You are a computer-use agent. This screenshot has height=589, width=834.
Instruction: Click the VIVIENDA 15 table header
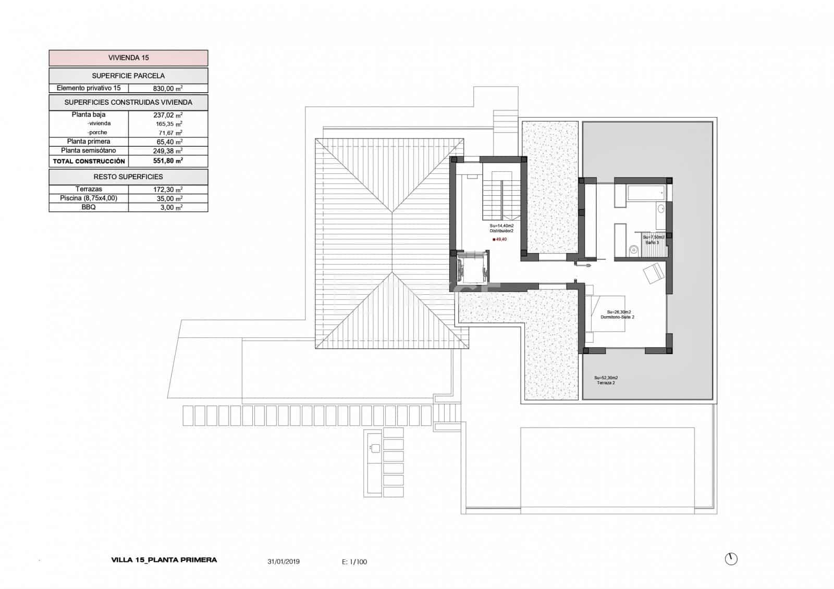coord(128,58)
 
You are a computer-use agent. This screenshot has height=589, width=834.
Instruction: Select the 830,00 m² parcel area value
coord(167,89)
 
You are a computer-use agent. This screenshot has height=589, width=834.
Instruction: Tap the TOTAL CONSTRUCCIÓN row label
coord(89,161)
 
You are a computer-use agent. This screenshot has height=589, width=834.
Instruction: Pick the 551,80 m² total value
coord(167,161)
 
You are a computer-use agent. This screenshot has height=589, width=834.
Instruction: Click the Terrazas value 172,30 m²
coord(167,190)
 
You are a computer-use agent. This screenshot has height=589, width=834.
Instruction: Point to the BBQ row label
coord(89,207)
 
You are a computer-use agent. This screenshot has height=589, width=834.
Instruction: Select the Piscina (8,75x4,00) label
coord(89,198)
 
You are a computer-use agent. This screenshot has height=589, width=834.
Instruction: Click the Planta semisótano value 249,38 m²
coord(167,151)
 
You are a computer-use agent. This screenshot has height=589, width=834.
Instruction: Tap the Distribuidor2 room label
coord(501,230)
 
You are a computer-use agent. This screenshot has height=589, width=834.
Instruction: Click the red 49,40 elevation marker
coord(494,240)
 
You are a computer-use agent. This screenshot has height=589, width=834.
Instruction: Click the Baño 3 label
coord(653,243)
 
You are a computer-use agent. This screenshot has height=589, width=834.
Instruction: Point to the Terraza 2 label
coord(606,383)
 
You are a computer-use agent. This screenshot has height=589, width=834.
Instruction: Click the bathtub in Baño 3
coord(645,194)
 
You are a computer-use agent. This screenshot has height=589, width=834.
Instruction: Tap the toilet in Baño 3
coord(633,249)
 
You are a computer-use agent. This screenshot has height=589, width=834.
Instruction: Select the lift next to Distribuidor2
coord(471,267)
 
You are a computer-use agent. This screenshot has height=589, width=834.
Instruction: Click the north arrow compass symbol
coord(731,559)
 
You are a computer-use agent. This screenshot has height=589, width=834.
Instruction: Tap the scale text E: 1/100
coord(354,562)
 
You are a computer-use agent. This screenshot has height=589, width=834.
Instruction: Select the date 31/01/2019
coord(284,562)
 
